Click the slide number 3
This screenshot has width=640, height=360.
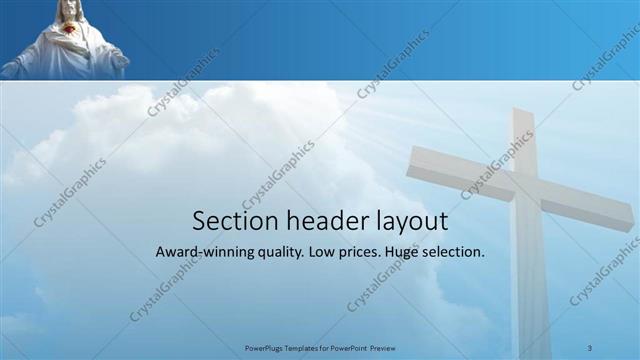(x=590, y=347)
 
